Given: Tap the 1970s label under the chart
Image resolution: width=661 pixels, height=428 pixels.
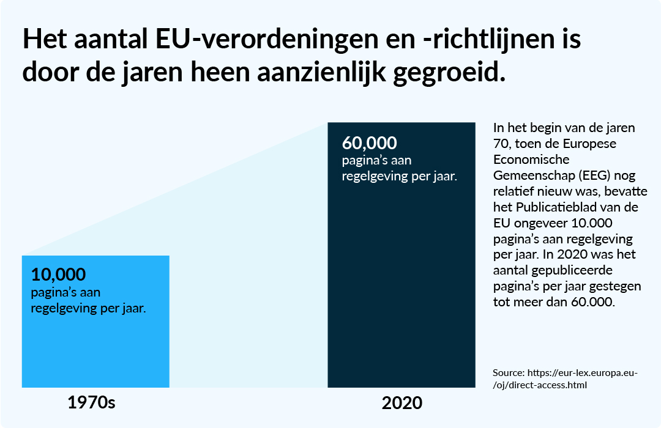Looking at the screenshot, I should pyautogui.click(x=91, y=404).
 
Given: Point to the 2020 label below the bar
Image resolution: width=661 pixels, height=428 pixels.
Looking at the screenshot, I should pyautogui.click(x=402, y=404).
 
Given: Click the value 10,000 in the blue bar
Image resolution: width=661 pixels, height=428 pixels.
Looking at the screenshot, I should pyautogui.click(x=58, y=275).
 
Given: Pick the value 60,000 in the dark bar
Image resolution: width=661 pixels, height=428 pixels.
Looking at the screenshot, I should pyautogui.click(x=369, y=144).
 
